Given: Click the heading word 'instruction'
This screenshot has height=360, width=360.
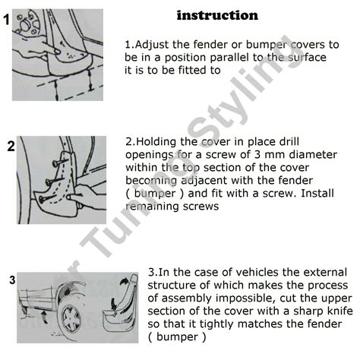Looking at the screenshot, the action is click(217, 15).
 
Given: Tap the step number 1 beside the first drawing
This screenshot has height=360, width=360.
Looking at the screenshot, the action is click(7, 20).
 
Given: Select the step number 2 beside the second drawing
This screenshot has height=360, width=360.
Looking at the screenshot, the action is click(11, 147).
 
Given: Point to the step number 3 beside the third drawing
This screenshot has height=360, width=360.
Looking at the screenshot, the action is click(12, 280).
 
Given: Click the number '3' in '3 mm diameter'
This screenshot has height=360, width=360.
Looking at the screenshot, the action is click(257, 155).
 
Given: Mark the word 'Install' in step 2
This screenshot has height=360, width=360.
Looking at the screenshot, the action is click(317, 194).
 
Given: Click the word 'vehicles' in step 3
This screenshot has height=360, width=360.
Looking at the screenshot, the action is click(257, 273).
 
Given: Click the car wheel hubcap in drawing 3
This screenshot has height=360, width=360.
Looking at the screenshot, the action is click(72, 318).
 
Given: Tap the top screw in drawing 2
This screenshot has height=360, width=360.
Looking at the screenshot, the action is click(60, 162).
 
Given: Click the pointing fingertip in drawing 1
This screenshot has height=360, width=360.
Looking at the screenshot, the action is click(57, 52).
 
